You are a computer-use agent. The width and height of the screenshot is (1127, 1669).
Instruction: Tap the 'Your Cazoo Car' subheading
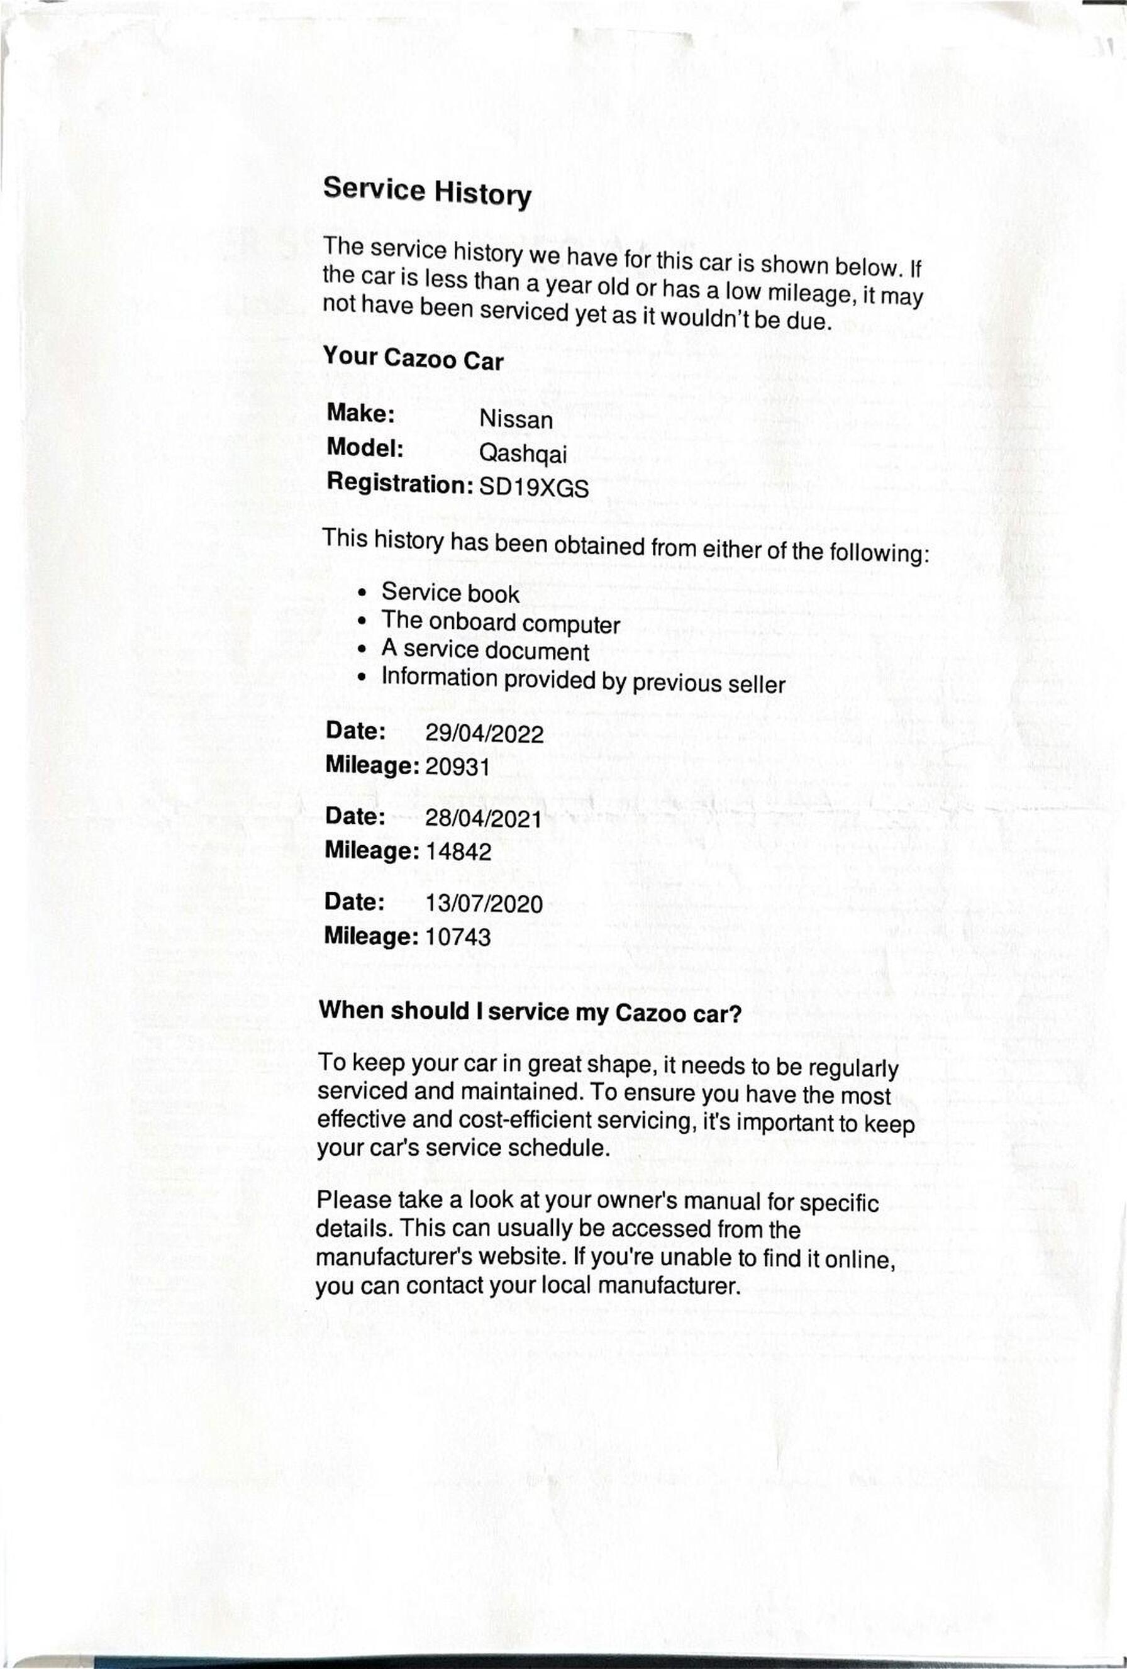click(x=413, y=358)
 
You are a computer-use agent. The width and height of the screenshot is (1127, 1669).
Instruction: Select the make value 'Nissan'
click(x=516, y=419)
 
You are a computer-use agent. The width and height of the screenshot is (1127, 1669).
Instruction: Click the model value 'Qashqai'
click(x=522, y=454)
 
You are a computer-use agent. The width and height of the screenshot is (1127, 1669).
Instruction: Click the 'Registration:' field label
click(x=399, y=484)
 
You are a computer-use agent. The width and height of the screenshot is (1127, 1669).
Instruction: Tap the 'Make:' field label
click(x=360, y=414)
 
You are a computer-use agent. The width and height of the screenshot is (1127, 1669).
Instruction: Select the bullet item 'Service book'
click(x=450, y=593)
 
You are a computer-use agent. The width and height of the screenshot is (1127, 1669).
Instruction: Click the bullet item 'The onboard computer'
click(x=500, y=623)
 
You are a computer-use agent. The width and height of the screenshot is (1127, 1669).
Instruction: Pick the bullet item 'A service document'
click(x=485, y=651)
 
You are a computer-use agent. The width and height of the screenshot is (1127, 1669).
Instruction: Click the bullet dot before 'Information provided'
click(x=364, y=677)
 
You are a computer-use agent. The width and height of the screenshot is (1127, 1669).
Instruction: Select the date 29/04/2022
click(x=484, y=734)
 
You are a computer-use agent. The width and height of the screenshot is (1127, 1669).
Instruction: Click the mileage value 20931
click(x=458, y=767)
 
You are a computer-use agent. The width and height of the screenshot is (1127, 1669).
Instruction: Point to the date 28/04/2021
click(x=483, y=819)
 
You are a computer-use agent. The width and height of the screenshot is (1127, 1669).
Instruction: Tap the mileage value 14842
click(x=458, y=851)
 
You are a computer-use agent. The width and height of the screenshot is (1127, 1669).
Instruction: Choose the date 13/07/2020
click(x=484, y=904)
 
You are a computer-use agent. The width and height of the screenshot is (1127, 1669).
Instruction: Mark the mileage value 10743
click(x=458, y=937)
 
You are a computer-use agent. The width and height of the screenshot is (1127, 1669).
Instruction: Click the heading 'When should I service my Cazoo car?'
click(x=530, y=1012)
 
